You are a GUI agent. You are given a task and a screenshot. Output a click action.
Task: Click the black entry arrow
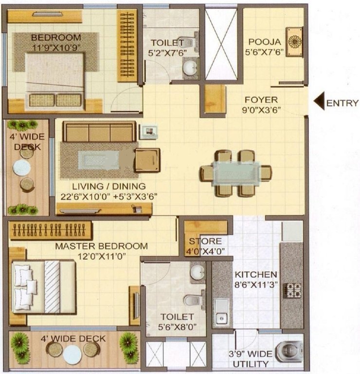319,103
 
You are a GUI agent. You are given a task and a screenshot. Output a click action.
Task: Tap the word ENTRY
342,103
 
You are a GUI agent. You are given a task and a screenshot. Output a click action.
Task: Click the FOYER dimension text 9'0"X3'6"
262,110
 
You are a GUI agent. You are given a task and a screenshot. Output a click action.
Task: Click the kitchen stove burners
293,290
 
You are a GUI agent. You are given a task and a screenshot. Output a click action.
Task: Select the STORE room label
205,241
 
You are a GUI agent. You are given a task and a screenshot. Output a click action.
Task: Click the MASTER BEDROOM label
101,246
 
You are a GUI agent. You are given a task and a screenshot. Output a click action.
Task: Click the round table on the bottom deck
72,354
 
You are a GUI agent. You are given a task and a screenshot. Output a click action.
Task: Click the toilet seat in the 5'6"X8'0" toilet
193,300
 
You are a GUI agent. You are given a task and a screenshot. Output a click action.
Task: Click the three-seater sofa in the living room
100,132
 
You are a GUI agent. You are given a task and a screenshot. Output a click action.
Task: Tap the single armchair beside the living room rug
147,160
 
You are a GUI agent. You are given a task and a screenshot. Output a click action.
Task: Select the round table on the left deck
21,168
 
